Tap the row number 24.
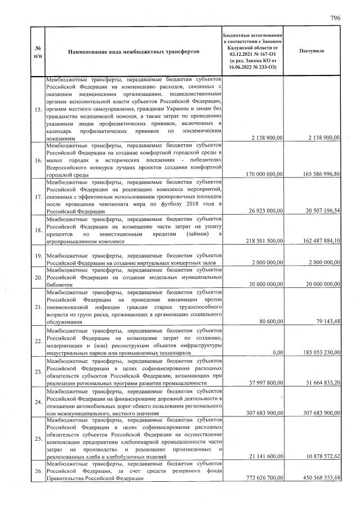coord(37,402)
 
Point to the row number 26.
coord(37,471)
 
